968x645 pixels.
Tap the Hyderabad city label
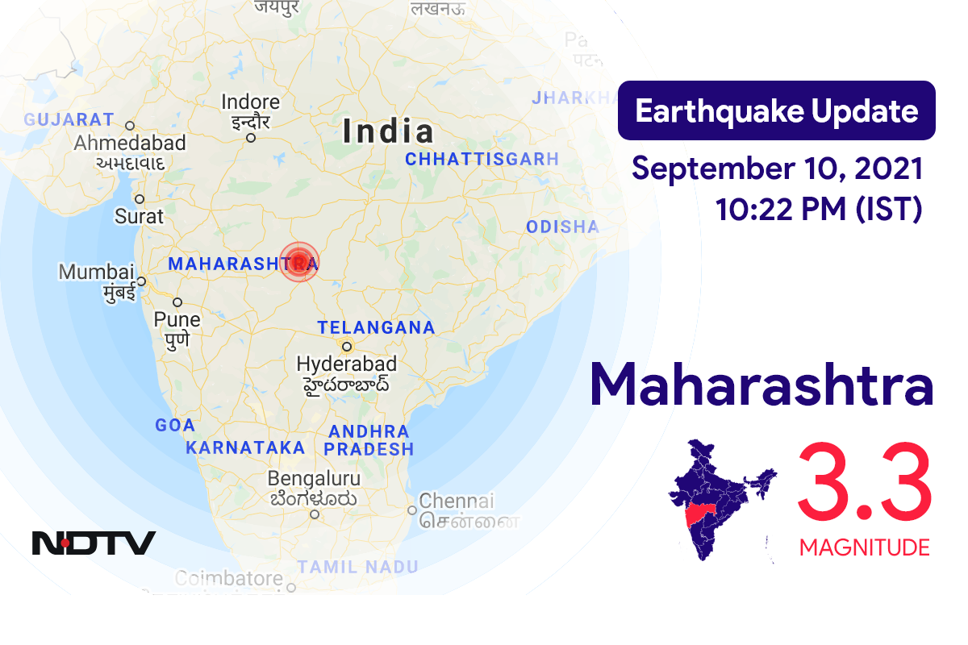(x=347, y=364)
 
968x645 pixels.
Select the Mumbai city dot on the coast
(x=141, y=281)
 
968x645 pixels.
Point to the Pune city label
(x=177, y=319)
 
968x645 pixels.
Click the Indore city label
(x=251, y=103)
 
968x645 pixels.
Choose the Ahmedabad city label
(x=130, y=144)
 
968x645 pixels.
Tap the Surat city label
(x=139, y=216)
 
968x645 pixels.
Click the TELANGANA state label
(x=376, y=328)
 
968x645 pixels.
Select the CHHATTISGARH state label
(x=482, y=160)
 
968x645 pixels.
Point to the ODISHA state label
(x=562, y=227)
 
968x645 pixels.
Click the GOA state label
(x=175, y=426)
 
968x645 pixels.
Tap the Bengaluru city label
(x=314, y=478)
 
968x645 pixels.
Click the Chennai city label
(x=456, y=501)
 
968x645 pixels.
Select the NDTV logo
(x=94, y=543)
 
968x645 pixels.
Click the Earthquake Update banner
(x=776, y=111)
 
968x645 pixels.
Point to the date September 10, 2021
(x=777, y=169)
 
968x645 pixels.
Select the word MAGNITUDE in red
(x=864, y=548)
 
